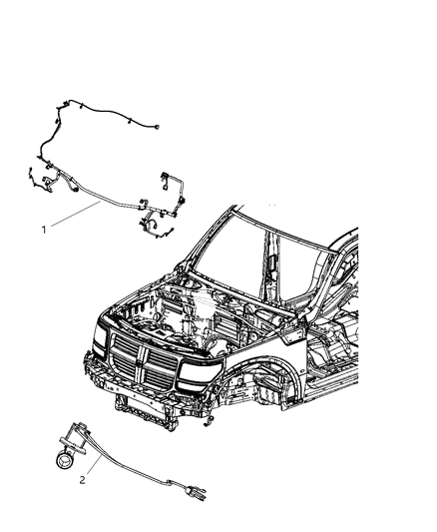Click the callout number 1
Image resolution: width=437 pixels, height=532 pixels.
pos(44,230)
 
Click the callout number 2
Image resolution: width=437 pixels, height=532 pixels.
pos(84,477)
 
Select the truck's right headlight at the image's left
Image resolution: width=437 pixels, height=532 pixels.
pos(100,345)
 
